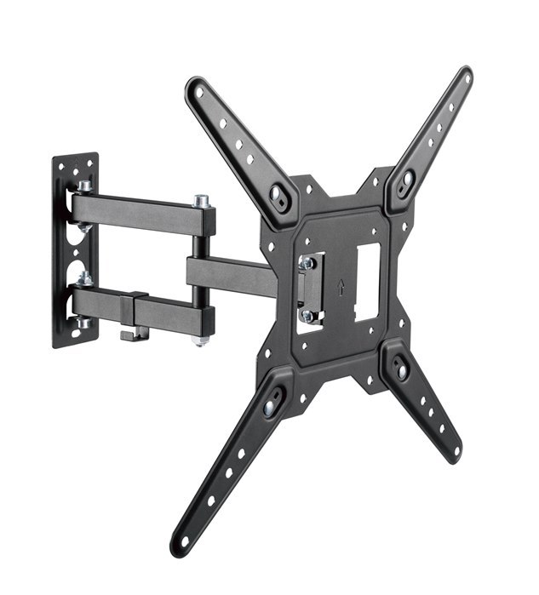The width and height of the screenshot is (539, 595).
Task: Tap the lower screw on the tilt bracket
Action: point(307,315)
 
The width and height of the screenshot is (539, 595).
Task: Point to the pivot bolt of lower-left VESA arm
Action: point(270,407)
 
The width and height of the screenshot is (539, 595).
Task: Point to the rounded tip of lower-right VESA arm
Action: point(456,452)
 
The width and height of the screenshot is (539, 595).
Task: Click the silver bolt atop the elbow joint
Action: point(202,202)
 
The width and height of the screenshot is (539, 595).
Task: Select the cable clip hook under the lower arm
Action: point(130,335)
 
